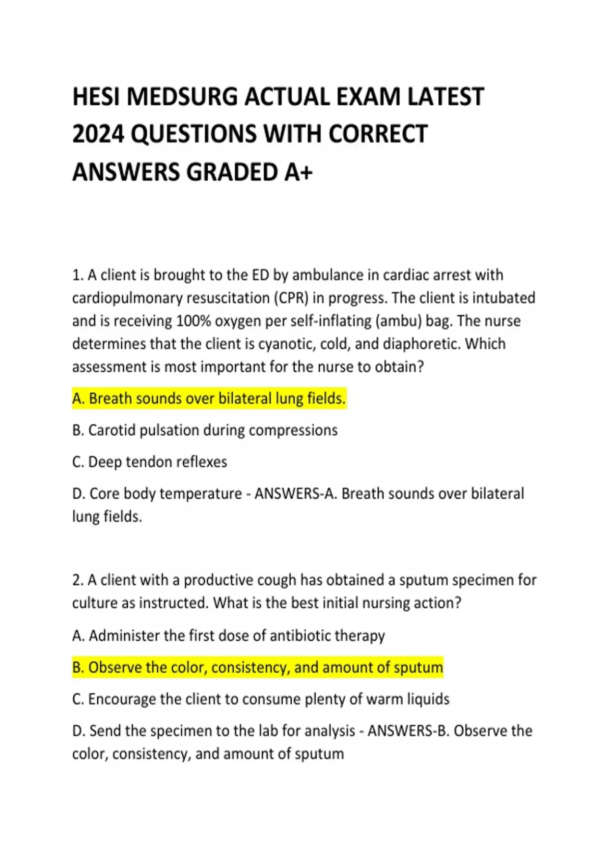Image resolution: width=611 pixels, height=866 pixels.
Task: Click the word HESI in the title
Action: point(97,97)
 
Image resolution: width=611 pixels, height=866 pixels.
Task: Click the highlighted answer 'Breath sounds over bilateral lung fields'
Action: point(209,398)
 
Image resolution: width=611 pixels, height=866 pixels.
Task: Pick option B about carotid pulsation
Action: point(205,430)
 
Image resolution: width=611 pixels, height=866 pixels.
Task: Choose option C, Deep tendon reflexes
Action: point(150,462)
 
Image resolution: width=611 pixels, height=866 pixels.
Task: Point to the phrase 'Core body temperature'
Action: point(165,494)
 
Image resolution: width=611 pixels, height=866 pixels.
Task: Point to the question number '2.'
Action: point(78,580)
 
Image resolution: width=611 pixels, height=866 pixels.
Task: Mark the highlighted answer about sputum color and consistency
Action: point(258,667)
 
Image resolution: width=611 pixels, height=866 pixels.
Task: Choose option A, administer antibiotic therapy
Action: point(229,636)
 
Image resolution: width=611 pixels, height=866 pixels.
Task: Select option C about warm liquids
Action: point(261,699)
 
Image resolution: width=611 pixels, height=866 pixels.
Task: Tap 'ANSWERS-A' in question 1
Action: point(295,494)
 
